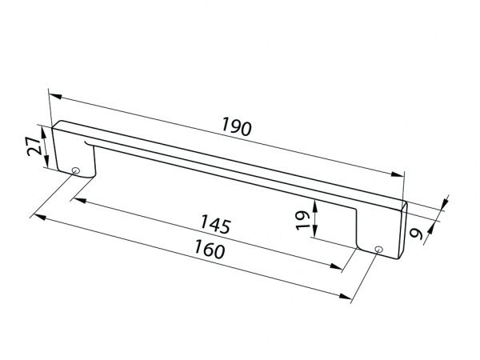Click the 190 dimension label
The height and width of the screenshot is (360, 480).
[237, 126]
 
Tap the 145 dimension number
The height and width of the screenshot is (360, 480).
[215, 224]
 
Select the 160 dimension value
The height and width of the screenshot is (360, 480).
[210, 249]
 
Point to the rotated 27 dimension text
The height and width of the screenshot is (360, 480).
[34, 146]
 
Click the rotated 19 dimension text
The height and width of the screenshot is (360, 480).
[303, 220]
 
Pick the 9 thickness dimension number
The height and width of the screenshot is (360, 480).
[417, 234]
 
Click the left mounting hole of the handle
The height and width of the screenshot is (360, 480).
[76, 170]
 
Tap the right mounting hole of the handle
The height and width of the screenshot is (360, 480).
[378, 249]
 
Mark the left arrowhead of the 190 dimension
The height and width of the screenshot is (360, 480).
[55, 96]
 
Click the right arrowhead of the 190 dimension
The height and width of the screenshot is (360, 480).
[398, 174]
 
